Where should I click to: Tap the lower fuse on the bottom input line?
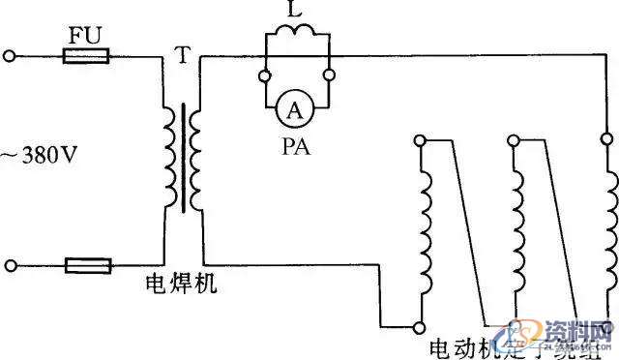(87, 265)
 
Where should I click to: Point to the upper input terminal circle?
(11, 57)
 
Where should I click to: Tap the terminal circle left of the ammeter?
(264, 74)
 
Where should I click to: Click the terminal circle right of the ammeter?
(329, 74)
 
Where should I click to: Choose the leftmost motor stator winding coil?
(422, 232)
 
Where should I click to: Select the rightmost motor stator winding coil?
(610, 232)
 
